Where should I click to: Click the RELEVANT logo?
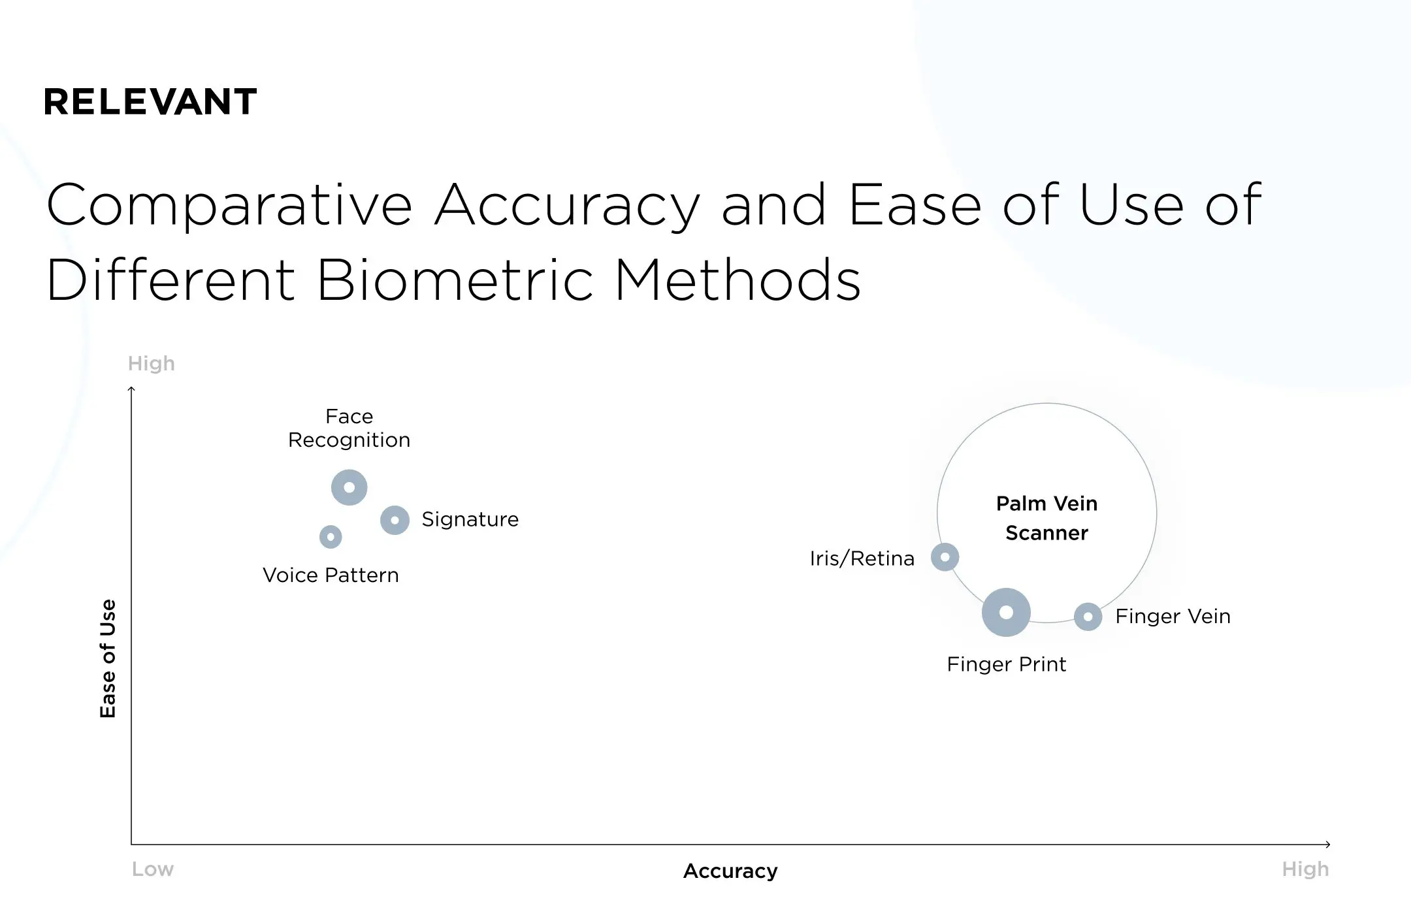pos(150,102)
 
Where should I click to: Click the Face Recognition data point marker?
pos(349,487)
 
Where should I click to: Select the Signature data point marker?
pos(395,521)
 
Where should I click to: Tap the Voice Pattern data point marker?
pos(331,537)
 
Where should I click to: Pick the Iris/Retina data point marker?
pos(945,557)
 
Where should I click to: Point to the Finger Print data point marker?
pos(1006,612)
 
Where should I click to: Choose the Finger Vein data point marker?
pos(1088,617)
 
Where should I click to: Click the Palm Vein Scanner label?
pos(1046,518)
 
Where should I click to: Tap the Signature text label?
pos(470,519)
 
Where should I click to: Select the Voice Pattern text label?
pos(331,575)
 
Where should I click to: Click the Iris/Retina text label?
pos(862,558)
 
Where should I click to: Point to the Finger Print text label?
pos(1006,664)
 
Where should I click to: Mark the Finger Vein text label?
pos(1173,617)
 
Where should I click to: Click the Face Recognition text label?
pos(349,428)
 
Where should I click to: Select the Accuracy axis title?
pos(730,871)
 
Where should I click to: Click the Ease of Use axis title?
pos(108,658)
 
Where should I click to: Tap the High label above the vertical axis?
pos(152,363)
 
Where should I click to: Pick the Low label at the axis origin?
pos(153,869)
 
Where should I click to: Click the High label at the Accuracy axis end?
pos(1305,869)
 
